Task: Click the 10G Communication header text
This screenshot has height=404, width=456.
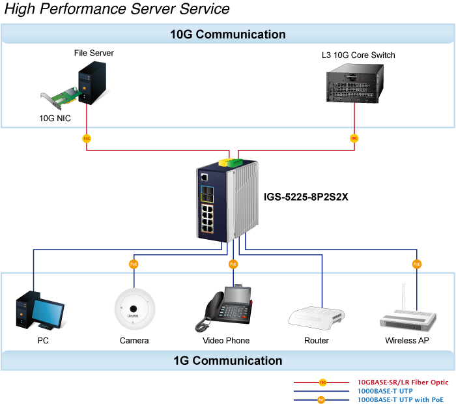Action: (x=227, y=35)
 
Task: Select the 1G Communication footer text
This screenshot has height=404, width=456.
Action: (x=227, y=360)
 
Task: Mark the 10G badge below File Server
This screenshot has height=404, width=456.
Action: (x=87, y=138)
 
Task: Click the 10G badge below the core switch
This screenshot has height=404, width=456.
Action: (x=354, y=138)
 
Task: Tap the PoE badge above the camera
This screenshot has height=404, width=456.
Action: (x=134, y=264)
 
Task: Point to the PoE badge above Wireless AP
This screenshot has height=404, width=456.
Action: (x=416, y=264)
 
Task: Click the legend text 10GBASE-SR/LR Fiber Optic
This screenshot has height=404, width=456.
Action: (x=403, y=382)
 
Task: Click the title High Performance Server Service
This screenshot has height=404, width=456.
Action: (x=117, y=9)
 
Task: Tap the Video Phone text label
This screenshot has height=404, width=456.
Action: (x=226, y=341)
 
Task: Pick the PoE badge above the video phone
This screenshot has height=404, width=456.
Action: (x=233, y=264)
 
